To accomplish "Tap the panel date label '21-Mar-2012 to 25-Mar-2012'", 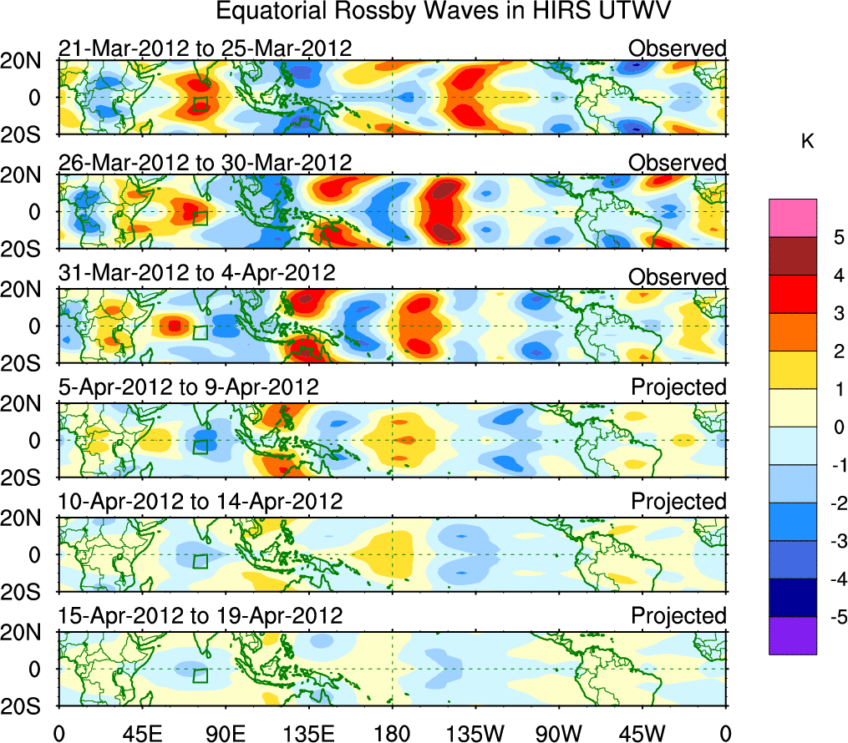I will coord(205,48).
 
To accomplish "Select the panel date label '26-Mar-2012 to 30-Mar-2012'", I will coord(205,162).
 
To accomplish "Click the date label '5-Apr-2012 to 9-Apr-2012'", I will coord(188,387).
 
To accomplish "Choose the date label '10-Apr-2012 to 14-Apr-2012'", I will coord(201,502).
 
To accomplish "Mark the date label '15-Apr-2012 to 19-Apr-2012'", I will coord(201,616).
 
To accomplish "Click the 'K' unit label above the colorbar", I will coord(807,143).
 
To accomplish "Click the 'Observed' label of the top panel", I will coord(678,48).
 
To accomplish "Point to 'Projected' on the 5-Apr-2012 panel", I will coord(678,387).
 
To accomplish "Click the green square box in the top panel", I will coord(200,104).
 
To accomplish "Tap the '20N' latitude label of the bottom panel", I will coord(28,633).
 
